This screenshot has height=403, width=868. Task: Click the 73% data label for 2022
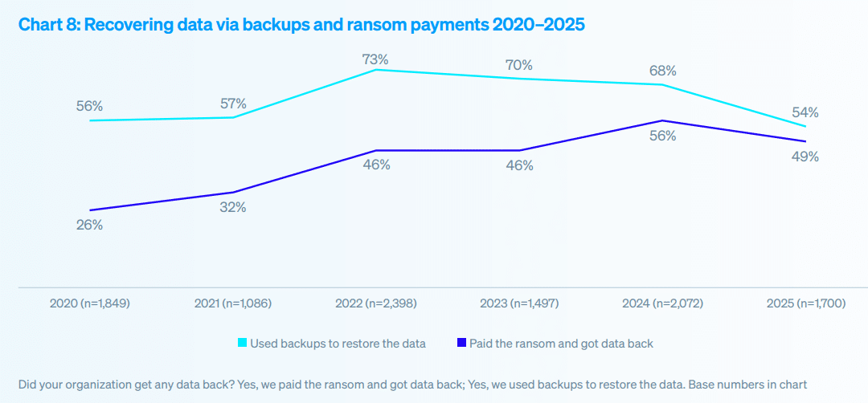click(x=375, y=59)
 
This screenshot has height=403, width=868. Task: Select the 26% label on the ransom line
click(x=89, y=225)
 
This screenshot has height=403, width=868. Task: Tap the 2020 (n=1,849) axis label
click(x=89, y=303)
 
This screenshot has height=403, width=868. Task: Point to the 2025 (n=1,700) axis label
click(x=805, y=303)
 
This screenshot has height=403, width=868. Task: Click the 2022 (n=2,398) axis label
click(x=375, y=303)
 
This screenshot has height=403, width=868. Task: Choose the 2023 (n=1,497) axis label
click(x=518, y=303)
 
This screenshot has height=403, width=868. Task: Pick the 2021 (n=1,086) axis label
click(x=232, y=303)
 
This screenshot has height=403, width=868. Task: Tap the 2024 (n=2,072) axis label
click(x=662, y=303)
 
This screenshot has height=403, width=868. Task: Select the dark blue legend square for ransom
click(x=461, y=344)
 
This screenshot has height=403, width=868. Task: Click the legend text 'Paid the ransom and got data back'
click(x=561, y=344)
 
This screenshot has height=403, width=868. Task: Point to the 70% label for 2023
click(x=518, y=65)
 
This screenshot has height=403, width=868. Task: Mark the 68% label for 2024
click(x=662, y=71)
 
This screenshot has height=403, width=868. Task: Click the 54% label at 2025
click(x=805, y=112)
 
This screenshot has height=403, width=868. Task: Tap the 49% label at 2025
click(x=805, y=157)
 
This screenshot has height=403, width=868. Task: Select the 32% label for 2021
click(x=232, y=207)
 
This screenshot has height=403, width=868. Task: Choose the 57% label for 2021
click(x=232, y=104)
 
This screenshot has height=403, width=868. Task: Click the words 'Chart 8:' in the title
click(x=49, y=25)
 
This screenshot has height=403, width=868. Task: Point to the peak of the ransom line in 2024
click(x=661, y=120)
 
